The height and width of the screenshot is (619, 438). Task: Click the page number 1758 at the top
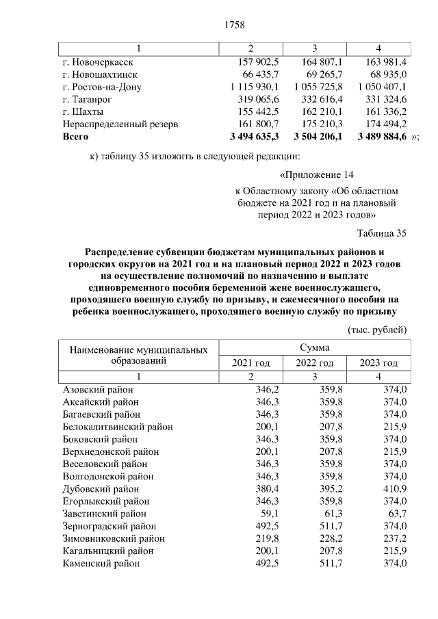click(x=235, y=25)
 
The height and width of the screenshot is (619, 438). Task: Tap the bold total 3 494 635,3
click(x=255, y=137)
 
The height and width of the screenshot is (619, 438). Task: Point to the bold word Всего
click(x=75, y=137)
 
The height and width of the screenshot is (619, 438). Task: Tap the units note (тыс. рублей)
click(x=378, y=330)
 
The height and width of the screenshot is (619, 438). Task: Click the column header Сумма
click(x=314, y=348)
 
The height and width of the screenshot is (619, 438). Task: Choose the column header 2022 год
click(x=314, y=363)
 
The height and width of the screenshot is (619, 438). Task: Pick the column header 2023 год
click(x=378, y=363)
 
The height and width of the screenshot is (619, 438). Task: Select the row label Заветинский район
click(x=103, y=514)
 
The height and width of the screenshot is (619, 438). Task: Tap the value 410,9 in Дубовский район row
click(x=394, y=489)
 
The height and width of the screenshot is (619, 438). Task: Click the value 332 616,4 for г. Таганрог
click(x=319, y=99)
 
